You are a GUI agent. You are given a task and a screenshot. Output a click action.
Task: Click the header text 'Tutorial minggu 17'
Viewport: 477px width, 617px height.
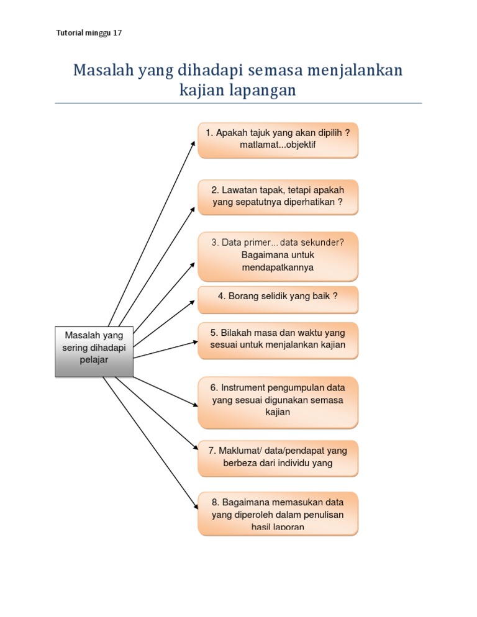tap(89, 34)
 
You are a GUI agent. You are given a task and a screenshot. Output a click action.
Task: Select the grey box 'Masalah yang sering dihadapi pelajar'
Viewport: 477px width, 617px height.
tap(94, 351)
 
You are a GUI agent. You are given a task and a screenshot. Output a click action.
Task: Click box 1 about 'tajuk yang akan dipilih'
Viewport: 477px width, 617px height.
tap(278, 140)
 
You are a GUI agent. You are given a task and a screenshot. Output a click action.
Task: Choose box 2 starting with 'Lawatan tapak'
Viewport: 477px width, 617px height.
tap(278, 197)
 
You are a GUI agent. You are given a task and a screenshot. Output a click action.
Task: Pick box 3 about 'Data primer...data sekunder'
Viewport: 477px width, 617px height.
tap(278, 256)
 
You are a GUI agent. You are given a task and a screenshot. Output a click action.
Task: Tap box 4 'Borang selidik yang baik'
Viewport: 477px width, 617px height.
tap(278, 299)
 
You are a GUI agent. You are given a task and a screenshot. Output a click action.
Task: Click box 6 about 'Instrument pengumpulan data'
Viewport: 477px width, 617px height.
tap(278, 401)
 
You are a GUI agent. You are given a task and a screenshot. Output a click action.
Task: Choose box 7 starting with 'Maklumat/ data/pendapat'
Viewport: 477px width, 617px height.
tap(278, 457)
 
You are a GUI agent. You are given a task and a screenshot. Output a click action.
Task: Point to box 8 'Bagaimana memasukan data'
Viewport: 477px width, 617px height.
tap(278, 513)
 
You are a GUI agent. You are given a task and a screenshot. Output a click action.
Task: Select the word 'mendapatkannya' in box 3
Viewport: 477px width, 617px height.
tap(278, 268)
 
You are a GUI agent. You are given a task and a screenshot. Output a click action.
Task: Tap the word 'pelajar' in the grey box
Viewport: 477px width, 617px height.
tap(94, 360)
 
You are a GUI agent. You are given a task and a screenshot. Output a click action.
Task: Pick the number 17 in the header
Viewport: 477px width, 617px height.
tap(117, 34)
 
